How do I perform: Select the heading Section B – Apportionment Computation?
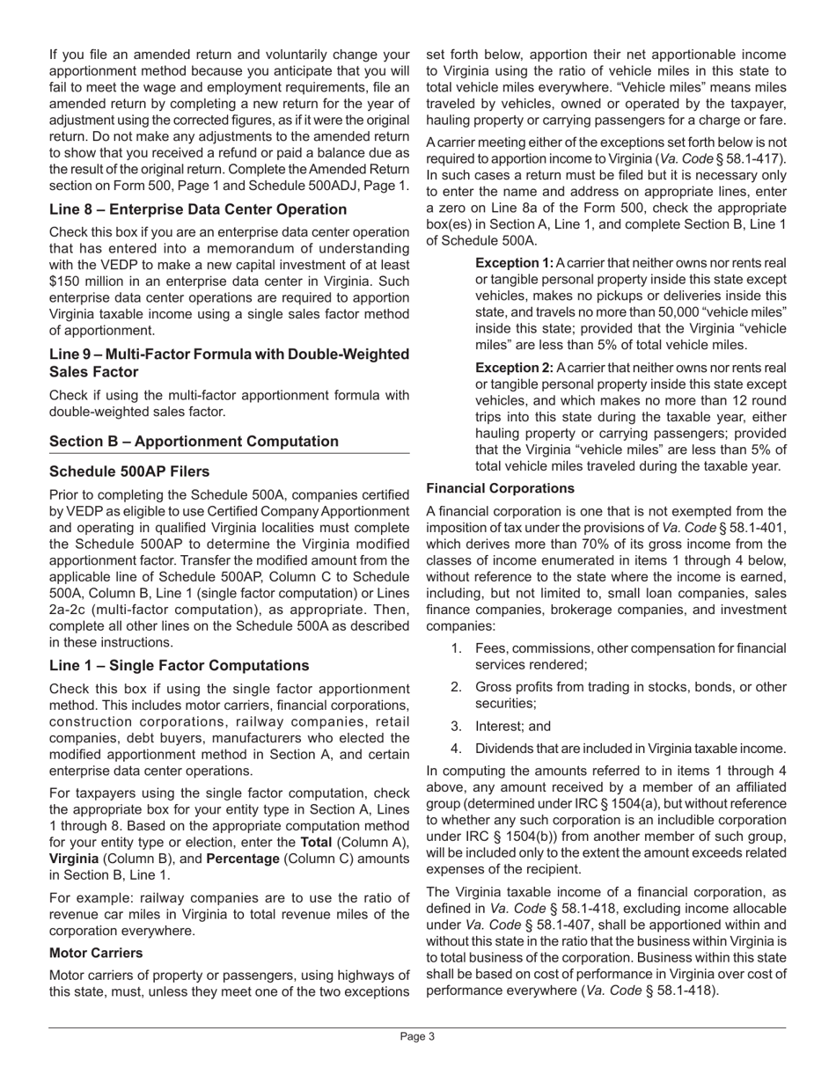[x=194, y=442]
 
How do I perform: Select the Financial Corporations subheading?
[x=500, y=488]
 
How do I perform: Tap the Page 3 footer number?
[x=417, y=1037]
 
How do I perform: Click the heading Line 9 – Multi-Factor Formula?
[x=229, y=355]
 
